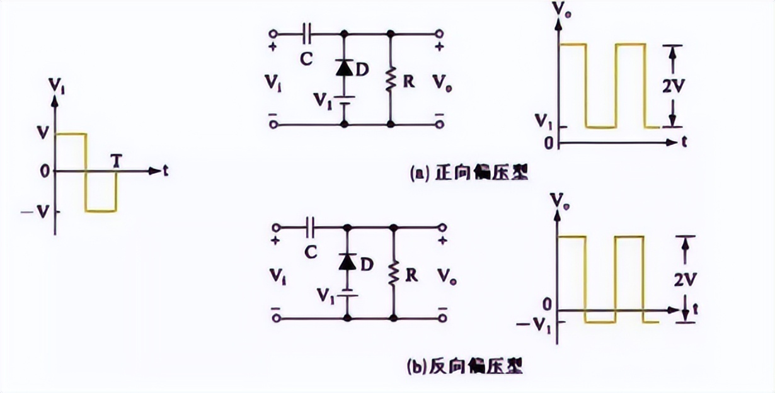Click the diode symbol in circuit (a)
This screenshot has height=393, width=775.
click(x=344, y=68)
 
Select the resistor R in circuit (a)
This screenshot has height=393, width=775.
click(x=391, y=81)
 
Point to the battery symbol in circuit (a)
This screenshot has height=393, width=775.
click(x=344, y=100)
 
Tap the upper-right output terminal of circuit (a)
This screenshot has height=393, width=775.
click(x=440, y=32)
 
